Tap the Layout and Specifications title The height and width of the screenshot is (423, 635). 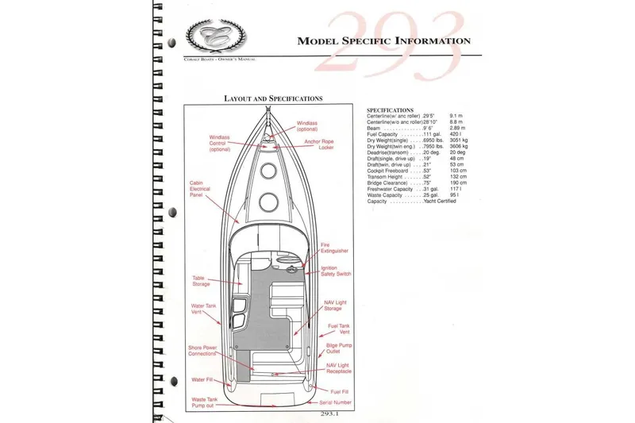tap(272, 98)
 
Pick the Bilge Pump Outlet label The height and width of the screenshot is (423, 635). tap(338, 350)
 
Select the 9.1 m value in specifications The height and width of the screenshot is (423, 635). tap(455, 115)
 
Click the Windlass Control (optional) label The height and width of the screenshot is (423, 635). tap(220, 142)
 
